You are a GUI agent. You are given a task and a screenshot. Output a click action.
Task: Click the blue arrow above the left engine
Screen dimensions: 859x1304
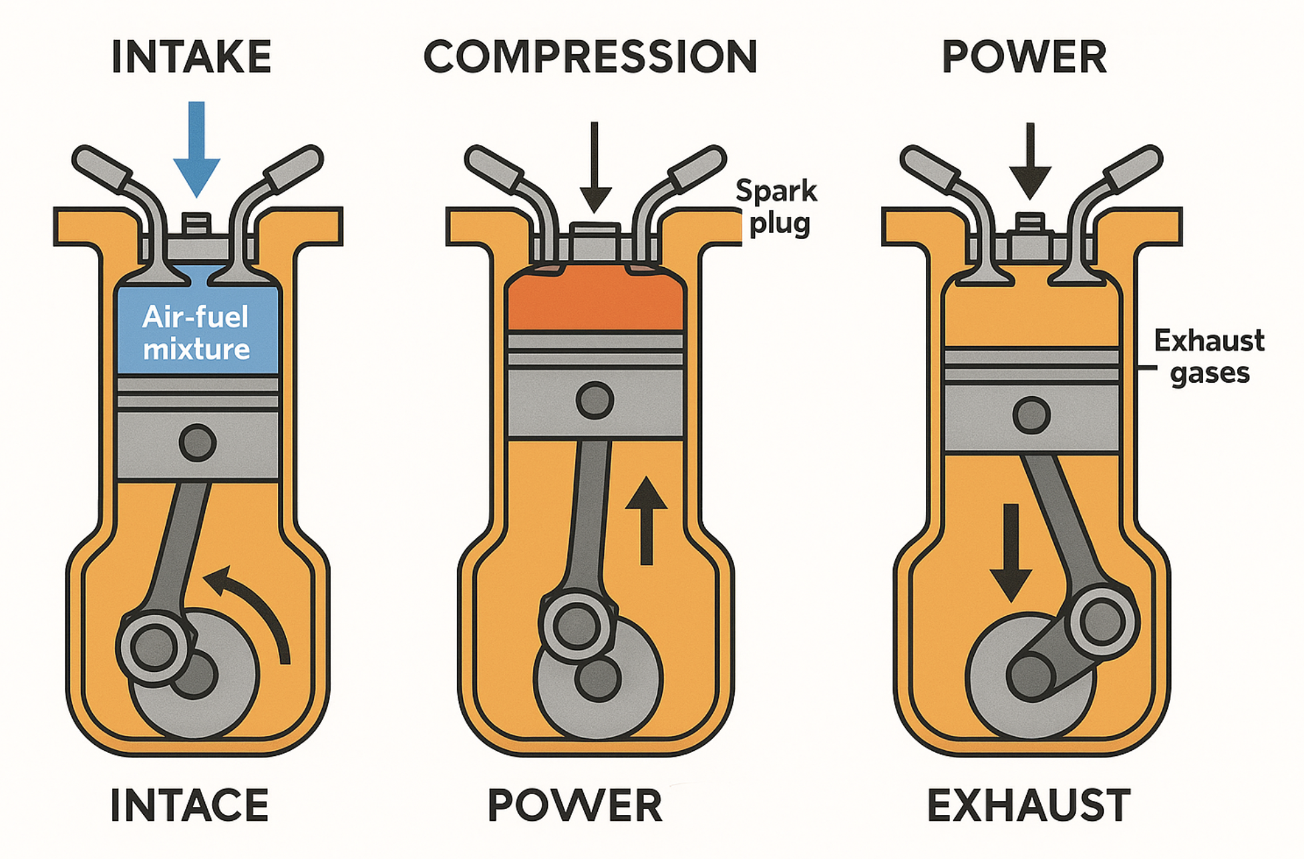pos(196,150)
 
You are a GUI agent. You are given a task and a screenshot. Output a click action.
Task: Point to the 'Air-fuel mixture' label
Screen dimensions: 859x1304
pos(196,333)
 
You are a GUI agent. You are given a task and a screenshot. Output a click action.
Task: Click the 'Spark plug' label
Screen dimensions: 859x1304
pos(776,207)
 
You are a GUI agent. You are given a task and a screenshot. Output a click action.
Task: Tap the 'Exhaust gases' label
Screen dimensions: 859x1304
pos(1209,357)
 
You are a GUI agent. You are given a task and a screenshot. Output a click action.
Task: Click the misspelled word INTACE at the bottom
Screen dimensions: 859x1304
pos(190,806)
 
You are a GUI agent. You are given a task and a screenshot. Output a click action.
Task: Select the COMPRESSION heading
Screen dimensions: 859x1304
pos(591,57)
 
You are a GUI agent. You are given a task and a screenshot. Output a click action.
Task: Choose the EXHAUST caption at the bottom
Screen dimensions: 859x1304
pos(1029,806)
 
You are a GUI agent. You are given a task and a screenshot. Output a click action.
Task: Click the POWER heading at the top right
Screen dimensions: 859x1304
pos(1024,57)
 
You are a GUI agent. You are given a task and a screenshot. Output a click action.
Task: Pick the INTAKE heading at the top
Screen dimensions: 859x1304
pos(192,57)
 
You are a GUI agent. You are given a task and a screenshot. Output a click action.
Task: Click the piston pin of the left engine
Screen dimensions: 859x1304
pos(197,442)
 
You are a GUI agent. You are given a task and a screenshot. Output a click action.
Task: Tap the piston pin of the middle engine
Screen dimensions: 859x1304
pos(595,400)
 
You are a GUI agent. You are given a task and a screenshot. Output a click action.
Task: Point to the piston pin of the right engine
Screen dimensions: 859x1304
pos(1031,415)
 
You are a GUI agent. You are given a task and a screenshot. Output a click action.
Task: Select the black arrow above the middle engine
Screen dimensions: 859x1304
pos(595,167)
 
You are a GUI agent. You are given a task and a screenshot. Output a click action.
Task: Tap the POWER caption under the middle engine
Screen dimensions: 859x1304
pos(575,806)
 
